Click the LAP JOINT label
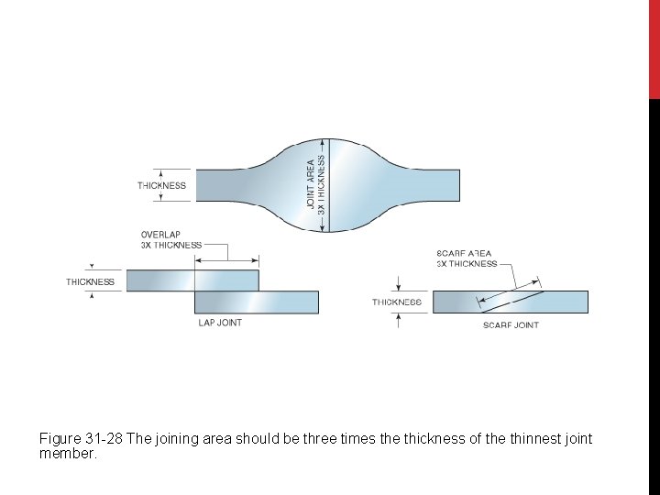(x=220, y=323)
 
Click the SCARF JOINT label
(x=511, y=325)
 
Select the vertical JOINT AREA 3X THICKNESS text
(x=315, y=183)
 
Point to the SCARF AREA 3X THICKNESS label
(x=467, y=258)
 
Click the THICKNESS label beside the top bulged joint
(x=161, y=185)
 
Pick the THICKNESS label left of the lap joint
(x=90, y=281)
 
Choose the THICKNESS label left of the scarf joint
(x=397, y=302)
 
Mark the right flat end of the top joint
(x=434, y=183)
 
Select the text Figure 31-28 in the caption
(x=81, y=439)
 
